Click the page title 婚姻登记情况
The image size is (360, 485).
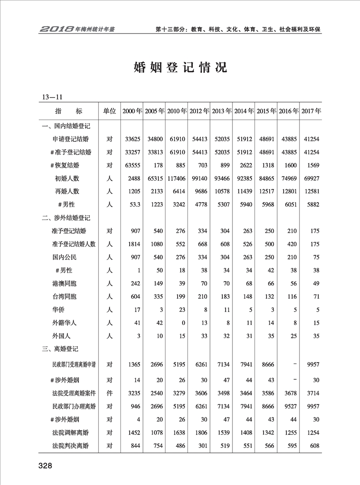[x=180, y=68]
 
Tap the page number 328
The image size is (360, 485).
[x=45, y=466]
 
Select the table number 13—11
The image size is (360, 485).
[x=52, y=96]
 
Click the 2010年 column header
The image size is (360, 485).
[x=177, y=111]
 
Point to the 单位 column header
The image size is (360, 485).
[x=109, y=111]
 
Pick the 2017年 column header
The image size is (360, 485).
[x=311, y=111]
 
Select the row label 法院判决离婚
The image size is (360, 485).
[x=71, y=446]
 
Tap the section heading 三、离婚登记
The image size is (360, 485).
[x=60, y=349]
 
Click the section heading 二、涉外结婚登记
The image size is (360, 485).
[x=66, y=218]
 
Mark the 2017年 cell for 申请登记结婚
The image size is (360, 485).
[x=311, y=139]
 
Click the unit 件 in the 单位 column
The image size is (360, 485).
[x=109, y=393]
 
